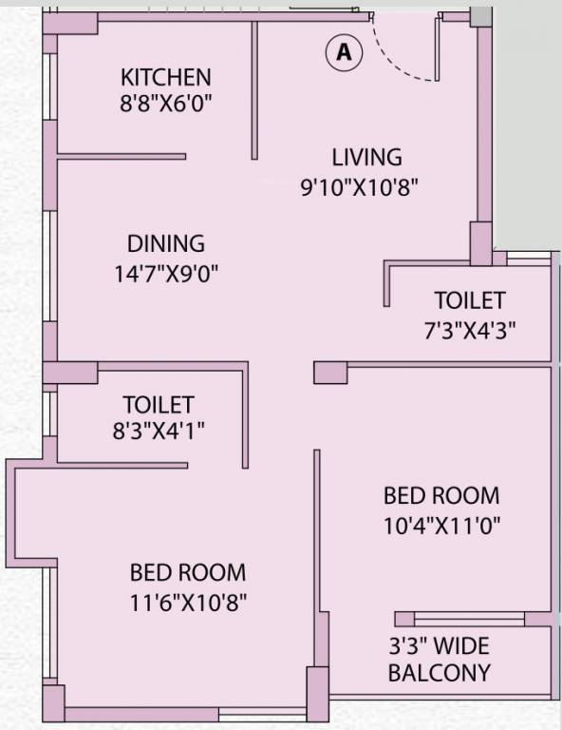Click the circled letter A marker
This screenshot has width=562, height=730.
point(344,53)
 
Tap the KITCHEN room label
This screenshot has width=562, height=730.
point(165,77)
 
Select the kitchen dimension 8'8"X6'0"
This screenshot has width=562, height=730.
point(165,103)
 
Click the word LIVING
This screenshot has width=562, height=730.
point(366,157)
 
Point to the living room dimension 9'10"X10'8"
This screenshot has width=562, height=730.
point(359,187)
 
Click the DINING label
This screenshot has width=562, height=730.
point(166,244)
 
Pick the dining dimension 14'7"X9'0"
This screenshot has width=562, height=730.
point(167,275)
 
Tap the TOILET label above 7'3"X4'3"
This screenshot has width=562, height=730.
point(469,300)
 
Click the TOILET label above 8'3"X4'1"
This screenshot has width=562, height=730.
point(158,405)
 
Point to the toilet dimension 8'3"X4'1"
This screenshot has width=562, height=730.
point(158,431)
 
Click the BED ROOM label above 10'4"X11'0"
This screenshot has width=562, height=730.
point(441,495)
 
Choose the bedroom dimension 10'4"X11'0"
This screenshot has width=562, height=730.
point(441,524)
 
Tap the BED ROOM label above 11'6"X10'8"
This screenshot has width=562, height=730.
point(188,572)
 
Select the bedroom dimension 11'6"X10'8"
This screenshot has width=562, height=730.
point(188,602)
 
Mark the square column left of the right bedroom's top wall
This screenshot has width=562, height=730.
point(329,371)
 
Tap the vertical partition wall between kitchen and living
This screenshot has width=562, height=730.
point(254,90)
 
